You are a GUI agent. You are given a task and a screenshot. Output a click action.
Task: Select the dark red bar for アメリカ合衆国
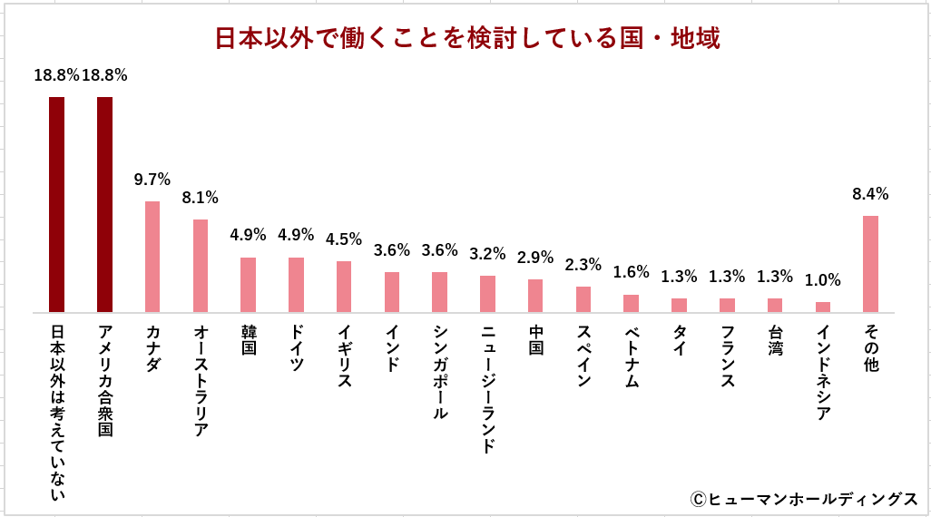104,204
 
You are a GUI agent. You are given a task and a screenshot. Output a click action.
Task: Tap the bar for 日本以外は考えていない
56,204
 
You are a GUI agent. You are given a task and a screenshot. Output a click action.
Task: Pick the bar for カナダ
152,257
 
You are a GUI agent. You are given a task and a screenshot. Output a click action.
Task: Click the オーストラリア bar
201,266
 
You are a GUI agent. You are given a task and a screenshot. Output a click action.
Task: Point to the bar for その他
870,264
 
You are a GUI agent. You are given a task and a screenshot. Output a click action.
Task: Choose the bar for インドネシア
822,307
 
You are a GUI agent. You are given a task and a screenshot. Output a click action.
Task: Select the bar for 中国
535,296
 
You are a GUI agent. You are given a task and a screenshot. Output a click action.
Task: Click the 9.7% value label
152,180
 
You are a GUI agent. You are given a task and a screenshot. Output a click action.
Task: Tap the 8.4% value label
870,194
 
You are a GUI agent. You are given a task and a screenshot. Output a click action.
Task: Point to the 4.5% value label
344,240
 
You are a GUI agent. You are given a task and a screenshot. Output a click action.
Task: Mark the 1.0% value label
823,281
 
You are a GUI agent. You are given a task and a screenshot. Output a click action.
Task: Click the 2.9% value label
535,258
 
